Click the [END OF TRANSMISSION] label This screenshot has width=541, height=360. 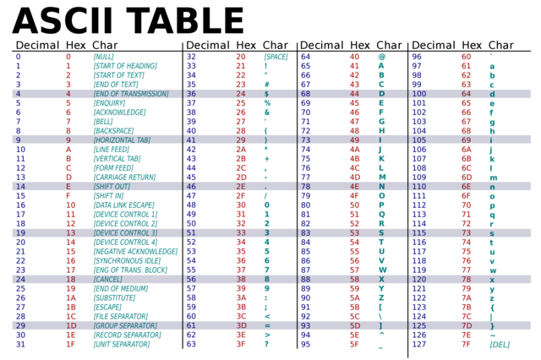point(130,94)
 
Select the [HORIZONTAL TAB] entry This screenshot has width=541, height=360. point(122,139)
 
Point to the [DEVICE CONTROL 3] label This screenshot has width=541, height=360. point(124,232)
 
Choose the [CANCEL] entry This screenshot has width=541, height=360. point(107,279)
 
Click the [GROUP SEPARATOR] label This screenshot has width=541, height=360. point(124,325)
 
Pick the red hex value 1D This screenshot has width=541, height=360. point(71,325)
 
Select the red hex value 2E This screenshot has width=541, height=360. point(241,186)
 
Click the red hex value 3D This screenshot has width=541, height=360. point(241,325)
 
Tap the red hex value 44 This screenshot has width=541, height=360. point(354,94)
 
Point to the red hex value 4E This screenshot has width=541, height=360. point(354,186)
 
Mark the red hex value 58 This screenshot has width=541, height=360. point(354,279)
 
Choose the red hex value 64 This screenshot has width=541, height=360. point(466,94)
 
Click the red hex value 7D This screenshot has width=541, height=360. point(466,325)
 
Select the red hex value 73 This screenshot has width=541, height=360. point(466,232)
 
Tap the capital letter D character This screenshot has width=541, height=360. point(381,94)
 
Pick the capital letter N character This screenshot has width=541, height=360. point(381,186)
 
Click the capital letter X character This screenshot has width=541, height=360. point(381,279)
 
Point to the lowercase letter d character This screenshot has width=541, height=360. point(492,94)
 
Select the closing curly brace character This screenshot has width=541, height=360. point(492,325)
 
